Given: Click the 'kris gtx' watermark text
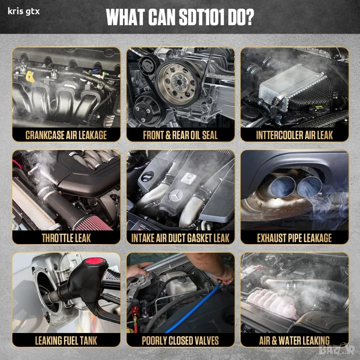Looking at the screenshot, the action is [x=24, y=11].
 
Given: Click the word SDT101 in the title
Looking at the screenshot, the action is [x=201, y=18].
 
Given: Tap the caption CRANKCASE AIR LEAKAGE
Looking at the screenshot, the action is [x=66, y=135].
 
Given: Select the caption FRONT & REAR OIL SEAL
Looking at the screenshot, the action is [x=180, y=135].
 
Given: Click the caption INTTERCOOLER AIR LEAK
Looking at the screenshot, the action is [x=295, y=135].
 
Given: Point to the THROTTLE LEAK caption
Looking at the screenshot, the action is [x=66, y=238].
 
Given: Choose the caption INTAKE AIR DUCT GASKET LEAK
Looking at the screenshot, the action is [x=180, y=238].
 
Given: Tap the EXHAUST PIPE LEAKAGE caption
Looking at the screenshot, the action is [x=294, y=238].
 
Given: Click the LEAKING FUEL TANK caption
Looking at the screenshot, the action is [x=66, y=340].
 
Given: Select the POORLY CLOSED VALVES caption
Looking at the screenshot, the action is [x=180, y=340].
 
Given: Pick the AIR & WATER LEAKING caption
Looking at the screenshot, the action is [x=294, y=340].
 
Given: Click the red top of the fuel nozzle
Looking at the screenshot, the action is [x=94, y=261].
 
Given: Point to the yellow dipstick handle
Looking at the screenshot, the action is [x=30, y=77].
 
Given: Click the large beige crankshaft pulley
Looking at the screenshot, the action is [x=178, y=83].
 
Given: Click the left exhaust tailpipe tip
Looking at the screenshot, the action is [x=283, y=186].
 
